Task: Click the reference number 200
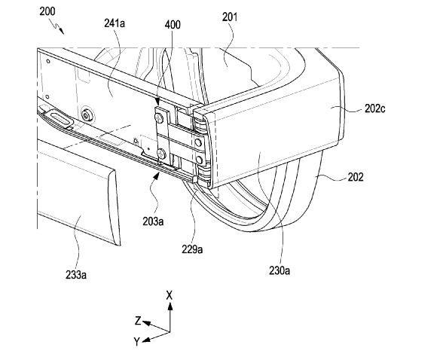pos(47,11)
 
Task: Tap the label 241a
pos(115,23)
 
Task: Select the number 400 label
pos(173,25)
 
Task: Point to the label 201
pos(230,17)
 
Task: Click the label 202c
pos(374,108)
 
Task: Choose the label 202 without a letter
pos(356,177)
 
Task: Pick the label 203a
pos(153,221)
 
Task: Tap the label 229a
pos(192,249)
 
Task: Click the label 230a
pos(280,270)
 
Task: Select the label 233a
pos(76,274)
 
